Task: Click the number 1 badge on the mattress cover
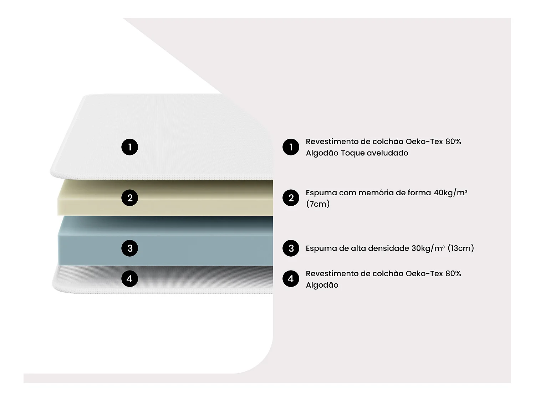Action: tap(130, 147)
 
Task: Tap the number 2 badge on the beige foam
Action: tap(130, 198)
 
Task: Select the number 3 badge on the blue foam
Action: tap(130, 248)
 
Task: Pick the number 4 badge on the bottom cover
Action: tap(130, 278)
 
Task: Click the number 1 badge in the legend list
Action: tap(291, 147)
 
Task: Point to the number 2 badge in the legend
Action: tap(291, 198)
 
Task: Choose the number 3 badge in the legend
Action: tap(291, 248)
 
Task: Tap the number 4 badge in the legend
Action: tap(291, 278)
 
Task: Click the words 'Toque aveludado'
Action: tap(374, 153)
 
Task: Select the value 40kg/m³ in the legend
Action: tap(450, 193)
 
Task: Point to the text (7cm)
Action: tap(317, 204)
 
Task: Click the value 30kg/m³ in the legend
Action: tap(428, 248)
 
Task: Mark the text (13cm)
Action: tap(461, 248)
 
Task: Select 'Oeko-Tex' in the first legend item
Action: tap(424, 142)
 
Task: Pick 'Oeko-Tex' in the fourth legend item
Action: tap(424, 274)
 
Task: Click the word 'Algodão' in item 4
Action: tap(322, 285)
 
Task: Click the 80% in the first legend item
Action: tap(453, 142)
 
